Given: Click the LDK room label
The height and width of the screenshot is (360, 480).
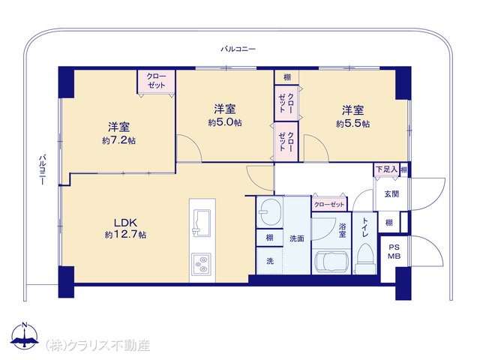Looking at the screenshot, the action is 125,223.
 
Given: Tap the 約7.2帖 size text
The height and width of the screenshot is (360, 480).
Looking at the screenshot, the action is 119,140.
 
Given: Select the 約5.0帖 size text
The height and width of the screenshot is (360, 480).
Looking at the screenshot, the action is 225,122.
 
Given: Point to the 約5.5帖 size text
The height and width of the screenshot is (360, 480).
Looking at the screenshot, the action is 353,124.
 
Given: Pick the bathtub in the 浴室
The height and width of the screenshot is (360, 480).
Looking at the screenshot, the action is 331,262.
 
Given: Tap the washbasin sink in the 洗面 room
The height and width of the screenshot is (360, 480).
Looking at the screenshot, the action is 270,212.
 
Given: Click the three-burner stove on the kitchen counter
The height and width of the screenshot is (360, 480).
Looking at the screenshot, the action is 201,264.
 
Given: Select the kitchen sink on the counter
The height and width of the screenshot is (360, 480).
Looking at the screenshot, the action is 200,223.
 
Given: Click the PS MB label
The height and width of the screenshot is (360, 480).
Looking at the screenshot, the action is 394,252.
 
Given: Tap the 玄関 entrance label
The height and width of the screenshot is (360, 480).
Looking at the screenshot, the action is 391,193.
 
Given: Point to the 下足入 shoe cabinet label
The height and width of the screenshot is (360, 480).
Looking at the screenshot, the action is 386,169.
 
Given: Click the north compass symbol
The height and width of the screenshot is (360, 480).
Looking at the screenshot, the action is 25,335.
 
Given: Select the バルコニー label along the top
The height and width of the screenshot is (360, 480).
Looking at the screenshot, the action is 238,49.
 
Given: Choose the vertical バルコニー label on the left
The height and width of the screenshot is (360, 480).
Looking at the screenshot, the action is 42,169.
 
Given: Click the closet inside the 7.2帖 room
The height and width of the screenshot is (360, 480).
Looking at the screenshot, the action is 156,82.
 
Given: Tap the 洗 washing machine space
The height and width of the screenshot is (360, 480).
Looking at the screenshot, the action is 270,260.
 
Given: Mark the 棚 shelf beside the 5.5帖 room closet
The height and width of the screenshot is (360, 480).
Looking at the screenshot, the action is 286,77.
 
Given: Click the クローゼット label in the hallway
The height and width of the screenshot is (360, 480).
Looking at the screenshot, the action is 329,205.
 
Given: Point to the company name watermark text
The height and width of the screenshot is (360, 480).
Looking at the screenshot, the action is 97,345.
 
